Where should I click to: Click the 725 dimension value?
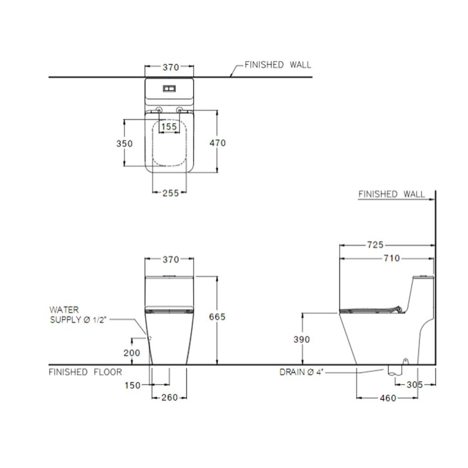click(x=375, y=245)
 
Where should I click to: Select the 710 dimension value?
click(x=392, y=258)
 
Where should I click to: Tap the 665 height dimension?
click(x=217, y=317)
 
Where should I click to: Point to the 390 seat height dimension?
click(x=302, y=340)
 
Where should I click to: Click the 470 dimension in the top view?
click(x=218, y=143)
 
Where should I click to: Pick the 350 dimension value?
click(x=124, y=144)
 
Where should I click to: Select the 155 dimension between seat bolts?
click(x=169, y=127)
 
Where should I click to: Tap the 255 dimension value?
click(x=170, y=193)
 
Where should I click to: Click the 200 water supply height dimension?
click(x=132, y=353)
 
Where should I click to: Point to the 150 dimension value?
click(x=133, y=385)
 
